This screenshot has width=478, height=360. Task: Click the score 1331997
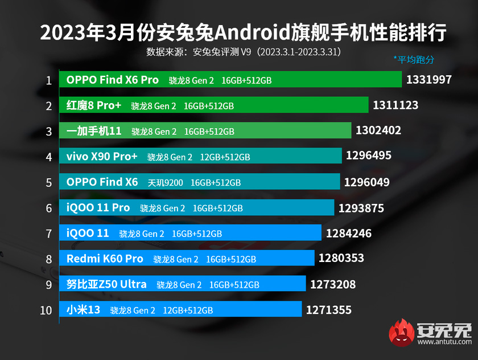(x=428, y=80)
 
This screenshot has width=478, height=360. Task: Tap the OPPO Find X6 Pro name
(x=113, y=80)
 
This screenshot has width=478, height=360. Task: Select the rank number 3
(x=50, y=131)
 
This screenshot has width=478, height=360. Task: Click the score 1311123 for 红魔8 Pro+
(x=395, y=105)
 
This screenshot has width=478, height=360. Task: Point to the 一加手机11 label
(x=94, y=131)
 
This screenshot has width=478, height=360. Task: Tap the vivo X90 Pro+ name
(x=102, y=157)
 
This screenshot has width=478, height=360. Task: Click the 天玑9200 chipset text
(x=166, y=182)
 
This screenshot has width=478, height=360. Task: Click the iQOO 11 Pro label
(x=98, y=208)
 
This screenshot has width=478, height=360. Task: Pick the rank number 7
(x=50, y=234)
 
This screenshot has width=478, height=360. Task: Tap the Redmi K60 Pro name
(x=105, y=259)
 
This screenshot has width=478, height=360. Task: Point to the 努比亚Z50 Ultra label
(x=106, y=284)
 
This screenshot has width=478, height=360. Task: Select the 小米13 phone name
(x=83, y=310)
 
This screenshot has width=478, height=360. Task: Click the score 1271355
(x=328, y=310)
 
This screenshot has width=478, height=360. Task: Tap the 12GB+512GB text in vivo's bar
(x=225, y=157)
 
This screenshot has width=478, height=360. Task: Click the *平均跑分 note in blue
(x=414, y=59)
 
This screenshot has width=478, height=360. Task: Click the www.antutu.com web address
(x=444, y=342)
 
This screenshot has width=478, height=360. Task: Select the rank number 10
(x=47, y=310)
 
